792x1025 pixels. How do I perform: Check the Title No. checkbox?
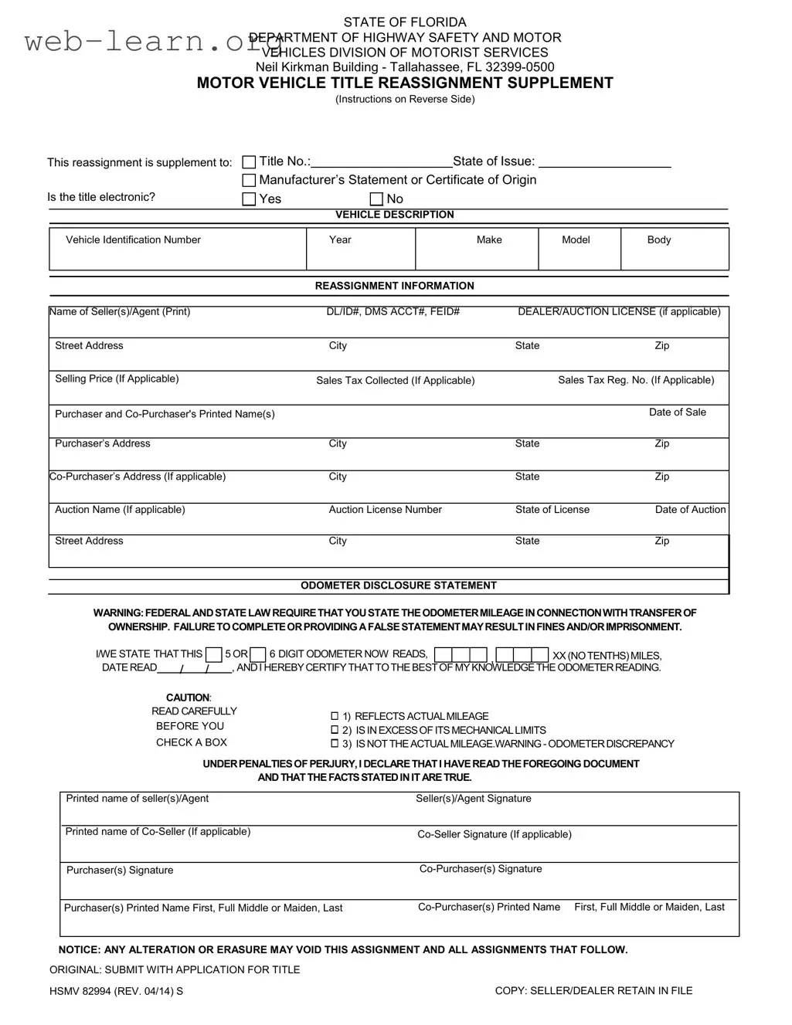coord(249,162)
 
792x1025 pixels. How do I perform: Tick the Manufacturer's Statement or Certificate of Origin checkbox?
coord(249,181)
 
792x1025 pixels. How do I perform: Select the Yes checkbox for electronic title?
coord(249,199)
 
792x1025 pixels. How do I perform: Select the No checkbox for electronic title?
coord(376,199)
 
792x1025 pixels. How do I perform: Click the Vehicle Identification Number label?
coord(133,240)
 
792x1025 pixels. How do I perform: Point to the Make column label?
coord(489,240)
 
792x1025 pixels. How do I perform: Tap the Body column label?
coord(658,240)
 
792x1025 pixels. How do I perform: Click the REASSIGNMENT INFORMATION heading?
coord(394,286)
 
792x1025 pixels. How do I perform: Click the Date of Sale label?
coord(677,412)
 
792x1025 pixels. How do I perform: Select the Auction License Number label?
coord(385,510)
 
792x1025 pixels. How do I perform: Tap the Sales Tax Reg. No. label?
coord(636,380)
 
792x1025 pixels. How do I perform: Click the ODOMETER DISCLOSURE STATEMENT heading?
coord(398,585)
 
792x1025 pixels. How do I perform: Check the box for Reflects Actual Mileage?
coord(335,717)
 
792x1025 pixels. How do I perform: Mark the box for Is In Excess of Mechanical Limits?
coord(335,730)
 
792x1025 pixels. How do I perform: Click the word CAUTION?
coord(188,697)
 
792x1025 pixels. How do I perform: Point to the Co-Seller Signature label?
coord(494,834)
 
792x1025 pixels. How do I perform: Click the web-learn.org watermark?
coord(143,42)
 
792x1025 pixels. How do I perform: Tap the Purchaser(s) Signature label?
coord(120,871)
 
